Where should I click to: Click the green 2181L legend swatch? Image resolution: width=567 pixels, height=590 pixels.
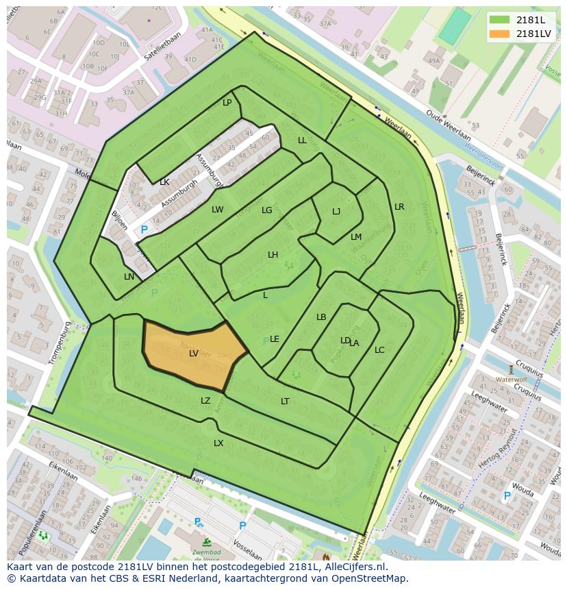point(499,20)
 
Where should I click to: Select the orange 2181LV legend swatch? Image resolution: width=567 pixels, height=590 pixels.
point(499,34)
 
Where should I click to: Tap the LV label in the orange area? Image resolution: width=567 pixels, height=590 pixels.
point(194,354)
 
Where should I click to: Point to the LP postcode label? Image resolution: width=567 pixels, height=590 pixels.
point(227,103)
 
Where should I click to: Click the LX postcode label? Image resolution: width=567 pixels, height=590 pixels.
point(218,443)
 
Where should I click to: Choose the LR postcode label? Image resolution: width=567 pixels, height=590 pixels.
point(399,207)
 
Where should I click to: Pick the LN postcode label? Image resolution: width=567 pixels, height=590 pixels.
point(129,277)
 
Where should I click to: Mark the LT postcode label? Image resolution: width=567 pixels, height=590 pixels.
point(285,402)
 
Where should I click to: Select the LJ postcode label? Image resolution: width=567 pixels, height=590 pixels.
point(336,212)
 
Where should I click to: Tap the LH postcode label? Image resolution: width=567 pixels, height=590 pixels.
point(273,255)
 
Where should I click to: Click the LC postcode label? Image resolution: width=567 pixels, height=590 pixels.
point(379,350)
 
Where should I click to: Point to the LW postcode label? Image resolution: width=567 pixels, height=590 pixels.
point(217,210)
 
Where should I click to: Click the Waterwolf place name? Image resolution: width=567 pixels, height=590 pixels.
point(511,379)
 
